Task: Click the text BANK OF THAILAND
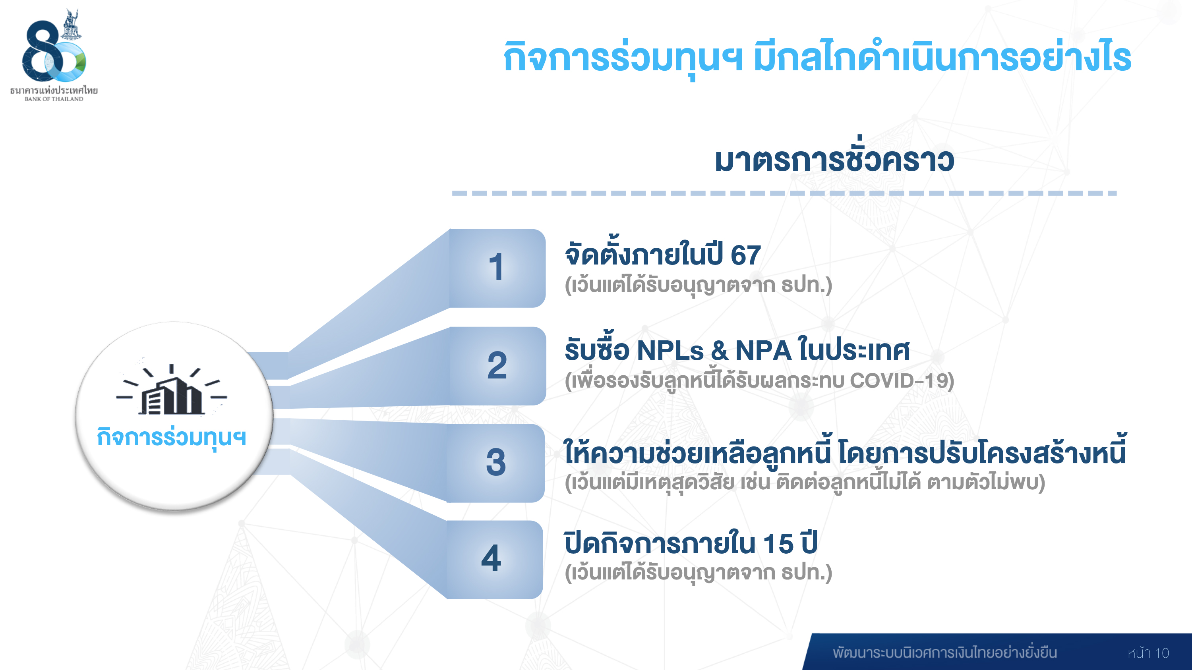click(54, 99)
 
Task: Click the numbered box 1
click(497, 268)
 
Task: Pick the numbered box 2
click(497, 366)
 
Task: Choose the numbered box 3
click(495, 463)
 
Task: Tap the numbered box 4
click(494, 560)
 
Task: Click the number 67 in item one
click(745, 255)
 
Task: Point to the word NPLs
click(671, 351)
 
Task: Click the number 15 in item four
click(778, 544)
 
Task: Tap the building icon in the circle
click(172, 389)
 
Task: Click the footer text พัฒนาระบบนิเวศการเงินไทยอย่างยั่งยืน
click(945, 653)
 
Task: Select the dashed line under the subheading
click(784, 193)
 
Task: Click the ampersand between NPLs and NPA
click(720, 351)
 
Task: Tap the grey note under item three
click(805, 482)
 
